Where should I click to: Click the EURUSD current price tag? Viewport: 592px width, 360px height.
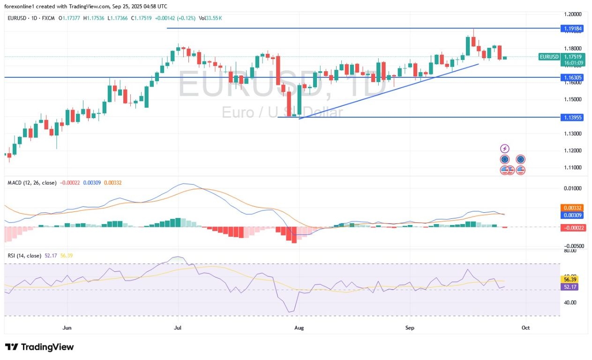point(549,57)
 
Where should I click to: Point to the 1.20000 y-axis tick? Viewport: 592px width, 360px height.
point(573,15)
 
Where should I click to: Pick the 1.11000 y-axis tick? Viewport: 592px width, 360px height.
point(573,167)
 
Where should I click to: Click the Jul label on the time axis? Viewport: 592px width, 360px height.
point(178,328)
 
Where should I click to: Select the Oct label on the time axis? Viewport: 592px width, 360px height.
point(525,328)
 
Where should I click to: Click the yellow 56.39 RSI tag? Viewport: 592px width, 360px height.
point(571,279)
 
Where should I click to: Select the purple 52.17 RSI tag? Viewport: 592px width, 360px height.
point(571,286)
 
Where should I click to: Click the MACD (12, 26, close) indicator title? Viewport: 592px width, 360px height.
point(31,182)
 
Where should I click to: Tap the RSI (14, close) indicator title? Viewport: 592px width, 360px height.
point(23,255)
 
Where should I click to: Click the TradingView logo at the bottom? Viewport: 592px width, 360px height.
point(39,347)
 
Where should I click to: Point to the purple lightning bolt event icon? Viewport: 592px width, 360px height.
point(504,148)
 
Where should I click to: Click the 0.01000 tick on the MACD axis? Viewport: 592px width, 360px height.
point(573,188)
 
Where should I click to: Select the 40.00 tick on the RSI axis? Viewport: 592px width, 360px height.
point(570,303)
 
